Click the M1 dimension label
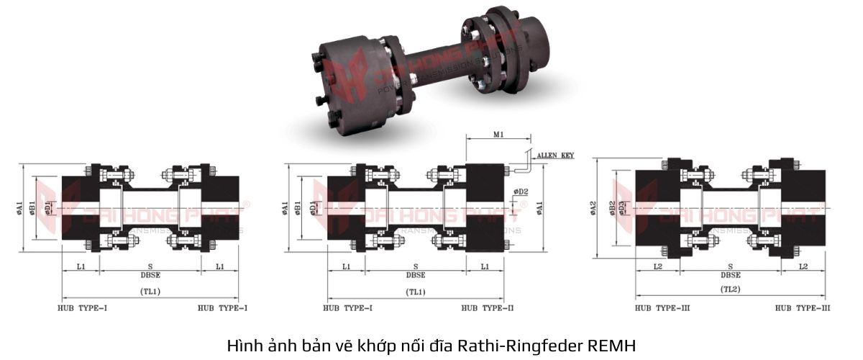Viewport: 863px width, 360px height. point(498,134)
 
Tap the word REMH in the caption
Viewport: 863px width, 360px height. point(612,345)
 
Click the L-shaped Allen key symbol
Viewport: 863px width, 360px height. point(524,163)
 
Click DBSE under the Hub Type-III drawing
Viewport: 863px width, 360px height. point(731,275)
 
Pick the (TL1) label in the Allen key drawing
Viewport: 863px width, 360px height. point(416,292)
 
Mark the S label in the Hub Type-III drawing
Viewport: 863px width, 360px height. point(731,266)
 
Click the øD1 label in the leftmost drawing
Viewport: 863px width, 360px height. point(48,208)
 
